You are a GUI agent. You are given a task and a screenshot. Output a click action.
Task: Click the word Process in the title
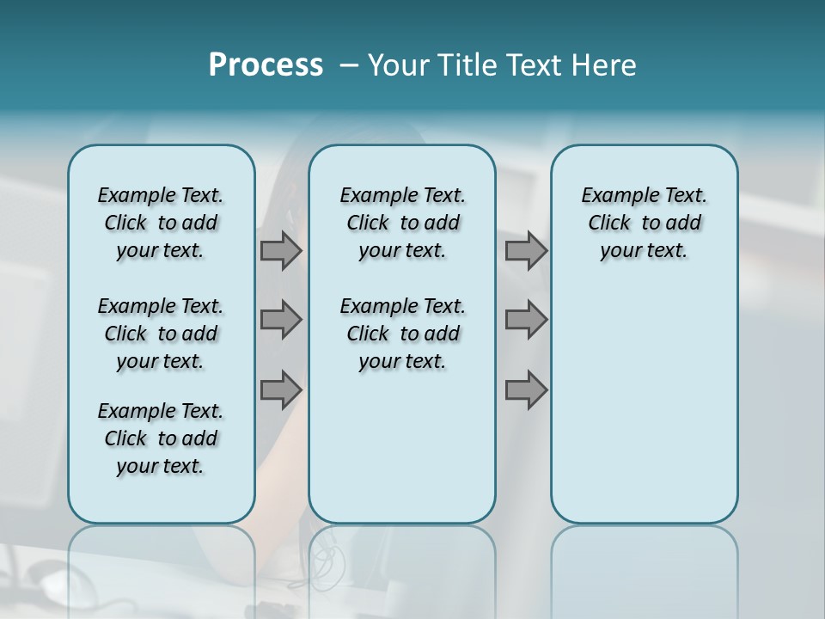point(266,65)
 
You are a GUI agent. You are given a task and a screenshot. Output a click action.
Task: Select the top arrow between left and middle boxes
point(281,251)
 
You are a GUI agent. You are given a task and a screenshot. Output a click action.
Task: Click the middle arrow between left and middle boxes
point(281,320)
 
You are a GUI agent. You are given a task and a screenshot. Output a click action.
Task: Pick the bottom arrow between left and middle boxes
point(281,390)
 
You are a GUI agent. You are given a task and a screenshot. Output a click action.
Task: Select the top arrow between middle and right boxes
point(526,251)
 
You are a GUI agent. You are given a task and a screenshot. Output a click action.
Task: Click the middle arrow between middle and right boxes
point(526,320)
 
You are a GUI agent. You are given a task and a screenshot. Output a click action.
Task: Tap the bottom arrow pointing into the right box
point(526,390)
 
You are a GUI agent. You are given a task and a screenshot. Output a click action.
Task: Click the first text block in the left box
point(161,223)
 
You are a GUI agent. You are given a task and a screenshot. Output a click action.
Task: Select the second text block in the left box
point(161,334)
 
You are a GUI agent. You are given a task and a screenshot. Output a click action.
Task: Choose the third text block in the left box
point(161,438)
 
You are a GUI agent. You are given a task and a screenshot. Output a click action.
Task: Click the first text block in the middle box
point(402,223)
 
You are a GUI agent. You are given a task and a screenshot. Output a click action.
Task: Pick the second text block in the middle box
point(402,334)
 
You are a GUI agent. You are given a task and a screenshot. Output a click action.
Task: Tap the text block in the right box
point(645,223)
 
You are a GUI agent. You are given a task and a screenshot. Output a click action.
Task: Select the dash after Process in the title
point(349,65)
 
